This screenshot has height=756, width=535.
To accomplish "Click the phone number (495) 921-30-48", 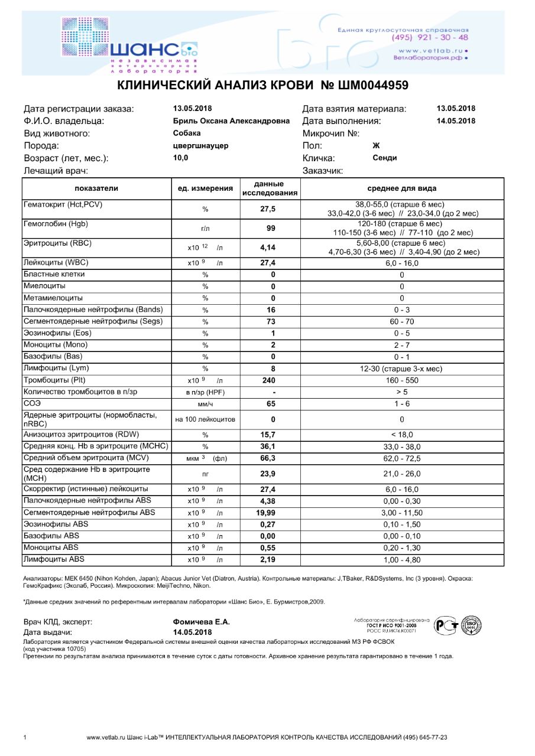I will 430,37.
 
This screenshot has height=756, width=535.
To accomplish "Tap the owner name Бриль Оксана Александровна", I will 231,121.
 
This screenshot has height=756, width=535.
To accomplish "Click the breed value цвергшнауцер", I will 200,146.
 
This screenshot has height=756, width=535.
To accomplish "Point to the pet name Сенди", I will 385,158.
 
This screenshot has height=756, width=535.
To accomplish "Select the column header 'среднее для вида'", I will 402,188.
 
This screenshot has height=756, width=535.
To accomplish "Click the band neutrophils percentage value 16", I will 273,310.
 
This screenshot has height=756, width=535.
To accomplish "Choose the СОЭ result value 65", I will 273,404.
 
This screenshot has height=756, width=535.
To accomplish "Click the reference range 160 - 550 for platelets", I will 402,380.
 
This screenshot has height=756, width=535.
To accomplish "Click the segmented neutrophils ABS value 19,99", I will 266,513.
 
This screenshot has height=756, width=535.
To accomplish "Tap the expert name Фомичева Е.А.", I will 201,622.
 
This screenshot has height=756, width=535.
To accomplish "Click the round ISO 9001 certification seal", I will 471,625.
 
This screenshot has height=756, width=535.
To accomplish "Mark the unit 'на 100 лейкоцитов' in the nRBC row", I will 206,420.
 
